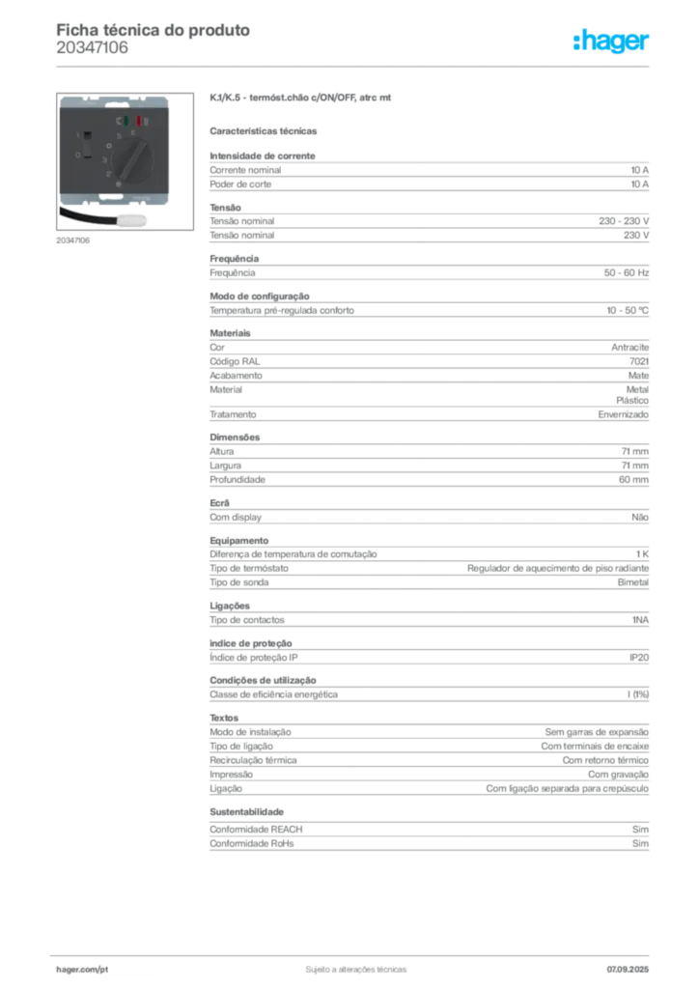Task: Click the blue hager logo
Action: (x=612, y=42)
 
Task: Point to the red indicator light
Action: (x=141, y=122)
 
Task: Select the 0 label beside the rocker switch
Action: (x=75, y=155)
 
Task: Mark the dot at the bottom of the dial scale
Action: (x=117, y=184)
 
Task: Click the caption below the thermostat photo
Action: (x=73, y=241)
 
